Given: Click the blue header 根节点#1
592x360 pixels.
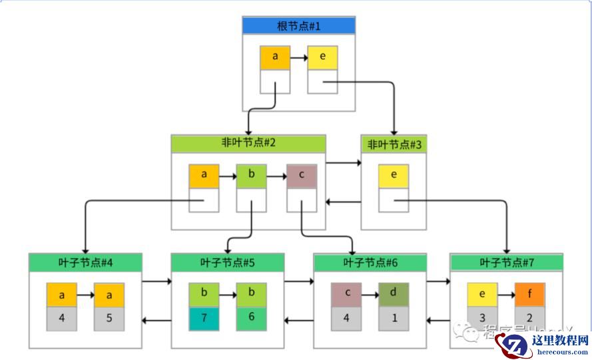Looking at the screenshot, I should (x=298, y=26).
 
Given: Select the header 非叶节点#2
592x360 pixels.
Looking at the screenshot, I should (x=248, y=144).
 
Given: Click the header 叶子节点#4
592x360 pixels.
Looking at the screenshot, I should (x=85, y=262).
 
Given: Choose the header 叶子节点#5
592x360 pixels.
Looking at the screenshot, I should (x=228, y=262).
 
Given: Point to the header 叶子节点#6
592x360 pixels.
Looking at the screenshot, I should (x=370, y=262).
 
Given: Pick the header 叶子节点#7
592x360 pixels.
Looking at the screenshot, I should (x=506, y=262).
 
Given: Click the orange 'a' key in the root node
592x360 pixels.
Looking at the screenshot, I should (x=275, y=58).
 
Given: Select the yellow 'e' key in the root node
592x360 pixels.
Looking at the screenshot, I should (x=322, y=58).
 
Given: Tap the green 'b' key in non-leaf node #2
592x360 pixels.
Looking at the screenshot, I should (x=251, y=176).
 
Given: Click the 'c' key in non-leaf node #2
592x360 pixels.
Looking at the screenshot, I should (x=302, y=176).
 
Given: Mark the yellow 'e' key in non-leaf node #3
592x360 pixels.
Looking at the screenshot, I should (x=394, y=176).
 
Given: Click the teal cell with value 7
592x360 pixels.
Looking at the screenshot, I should (x=204, y=318).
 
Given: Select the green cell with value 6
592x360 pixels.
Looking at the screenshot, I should (x=251, y=318).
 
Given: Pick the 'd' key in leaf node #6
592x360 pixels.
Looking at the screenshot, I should (x=394, y=294).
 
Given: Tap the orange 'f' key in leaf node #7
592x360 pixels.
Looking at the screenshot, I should (x=529, y=294).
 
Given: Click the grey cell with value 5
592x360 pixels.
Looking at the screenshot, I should (x=109, y=318).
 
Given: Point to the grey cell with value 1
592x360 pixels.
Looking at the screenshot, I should (x=394, y=318).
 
